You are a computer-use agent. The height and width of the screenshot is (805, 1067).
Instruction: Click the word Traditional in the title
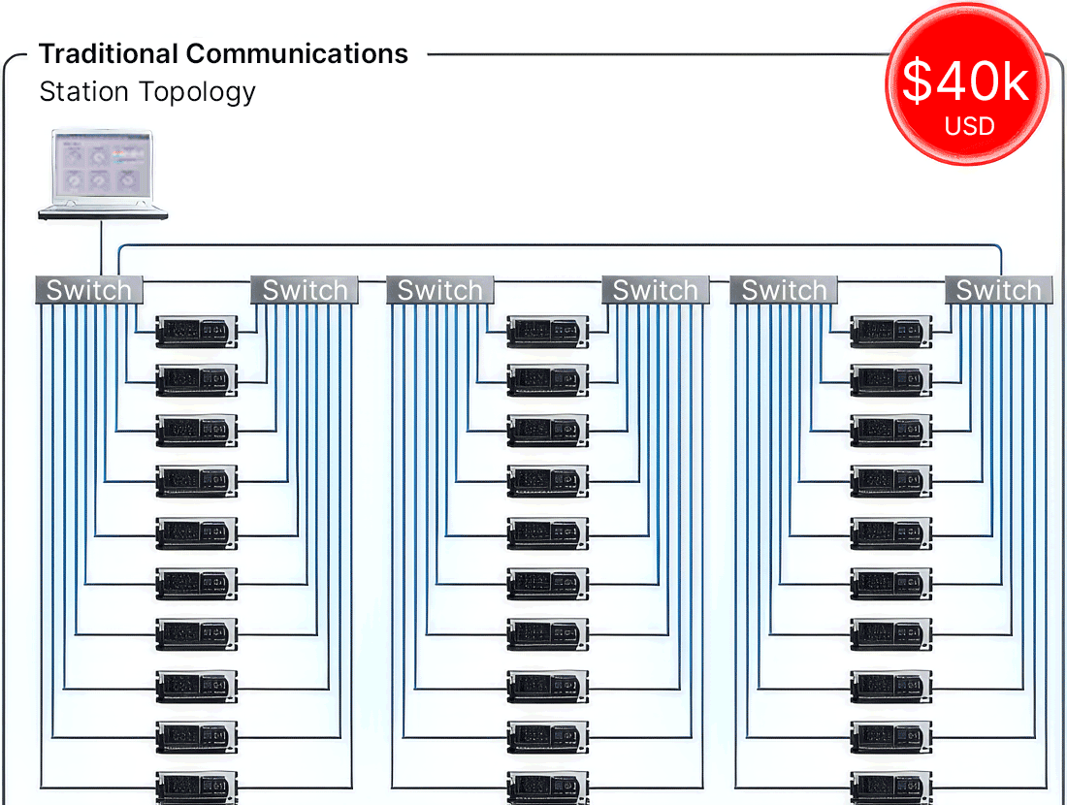109,53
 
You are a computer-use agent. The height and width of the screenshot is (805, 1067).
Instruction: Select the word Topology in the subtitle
196,92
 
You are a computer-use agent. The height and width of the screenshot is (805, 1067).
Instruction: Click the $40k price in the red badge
965,80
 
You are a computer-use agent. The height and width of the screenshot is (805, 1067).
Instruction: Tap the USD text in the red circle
969,126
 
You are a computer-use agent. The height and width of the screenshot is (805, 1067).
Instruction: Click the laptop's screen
102,165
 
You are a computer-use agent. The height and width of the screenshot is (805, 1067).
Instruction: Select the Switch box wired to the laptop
89,290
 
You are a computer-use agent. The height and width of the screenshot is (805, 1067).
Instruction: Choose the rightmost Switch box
999,290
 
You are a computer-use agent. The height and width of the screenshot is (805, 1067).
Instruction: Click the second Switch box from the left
305,290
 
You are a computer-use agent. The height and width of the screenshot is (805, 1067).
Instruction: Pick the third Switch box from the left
440,290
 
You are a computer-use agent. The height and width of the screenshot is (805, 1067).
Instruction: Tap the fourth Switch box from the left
656,290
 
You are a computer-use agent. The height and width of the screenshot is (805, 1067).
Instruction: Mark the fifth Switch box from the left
784,290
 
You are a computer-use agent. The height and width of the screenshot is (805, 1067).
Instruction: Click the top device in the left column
197,332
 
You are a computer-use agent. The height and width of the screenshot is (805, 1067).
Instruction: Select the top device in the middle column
548,332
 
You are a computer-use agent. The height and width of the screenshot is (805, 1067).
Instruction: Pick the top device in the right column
891,332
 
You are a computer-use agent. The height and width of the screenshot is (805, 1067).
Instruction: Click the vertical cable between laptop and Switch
102,248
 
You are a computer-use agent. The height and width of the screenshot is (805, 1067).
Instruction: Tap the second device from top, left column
197,380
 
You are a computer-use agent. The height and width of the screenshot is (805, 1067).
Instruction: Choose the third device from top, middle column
548,431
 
